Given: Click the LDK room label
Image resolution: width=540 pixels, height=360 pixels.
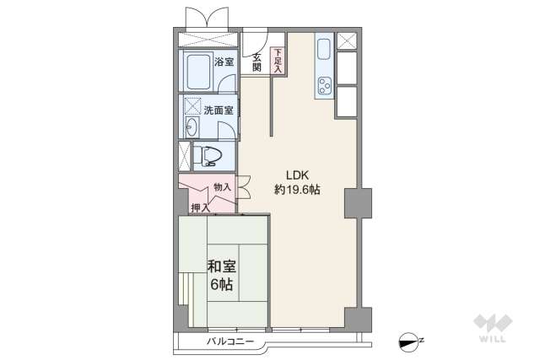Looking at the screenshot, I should pyautogui.click(x=296, y=175).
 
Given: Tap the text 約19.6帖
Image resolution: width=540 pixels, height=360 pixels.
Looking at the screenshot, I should pyautogui.click(x=296, y=191).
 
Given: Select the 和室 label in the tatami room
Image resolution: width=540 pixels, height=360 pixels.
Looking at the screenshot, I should pyautogui.click(x=221, y=267).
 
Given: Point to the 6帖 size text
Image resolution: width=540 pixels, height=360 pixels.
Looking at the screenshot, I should pyautogui.click(x=221, y=284).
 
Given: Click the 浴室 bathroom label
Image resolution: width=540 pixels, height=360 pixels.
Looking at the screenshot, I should pyautogui.click(x=224, y=62).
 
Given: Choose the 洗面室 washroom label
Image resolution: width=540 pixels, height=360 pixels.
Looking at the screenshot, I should pyautogui.click(x=217, y=110).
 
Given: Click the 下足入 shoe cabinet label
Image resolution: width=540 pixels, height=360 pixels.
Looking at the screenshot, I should pyautogui.click(x=277, y=62).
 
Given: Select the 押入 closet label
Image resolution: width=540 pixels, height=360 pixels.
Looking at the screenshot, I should pyautogui.click(x=200, y=207).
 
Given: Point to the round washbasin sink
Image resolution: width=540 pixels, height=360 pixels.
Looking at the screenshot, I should pyautogui.click(x=191, y=127).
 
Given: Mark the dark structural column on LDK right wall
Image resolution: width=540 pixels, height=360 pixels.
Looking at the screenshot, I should pyautogui.click(x=357, y=203).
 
